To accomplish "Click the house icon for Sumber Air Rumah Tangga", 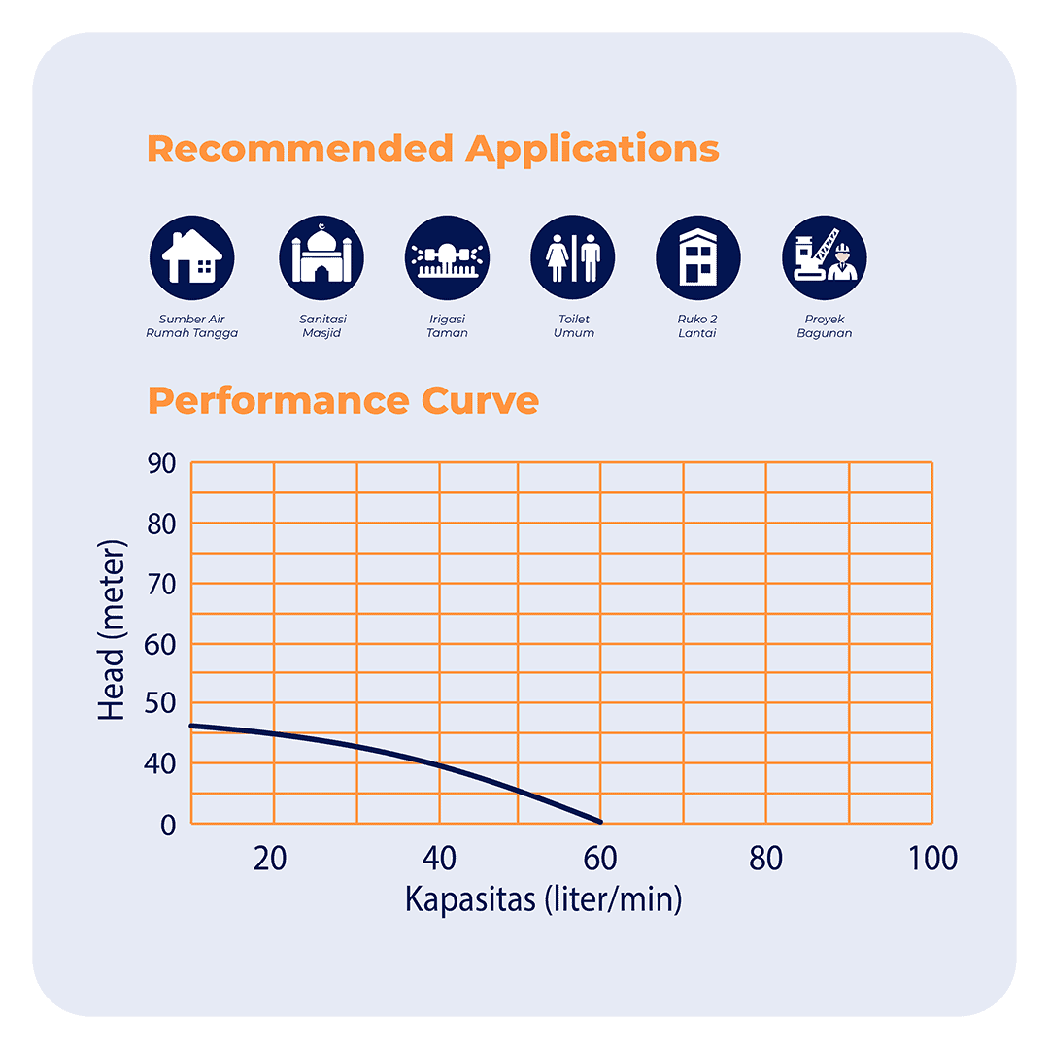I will coord(192,258).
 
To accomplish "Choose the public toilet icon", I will coord(573,258).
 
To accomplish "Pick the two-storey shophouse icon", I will coord(698,258).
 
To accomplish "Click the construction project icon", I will coord(824,258).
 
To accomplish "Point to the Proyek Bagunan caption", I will coord(824,326).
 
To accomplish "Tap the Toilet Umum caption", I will coord(573,326).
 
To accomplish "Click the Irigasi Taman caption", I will coord(448,326).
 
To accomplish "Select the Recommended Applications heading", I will coord(433,150).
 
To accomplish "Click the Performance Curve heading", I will coord(343,401).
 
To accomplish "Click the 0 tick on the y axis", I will coord(169,824).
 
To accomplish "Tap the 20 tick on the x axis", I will coord(269,859).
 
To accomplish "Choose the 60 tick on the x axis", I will coord(601,859).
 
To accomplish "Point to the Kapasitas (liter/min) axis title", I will coord(543,899).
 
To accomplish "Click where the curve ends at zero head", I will coord(601,822).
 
